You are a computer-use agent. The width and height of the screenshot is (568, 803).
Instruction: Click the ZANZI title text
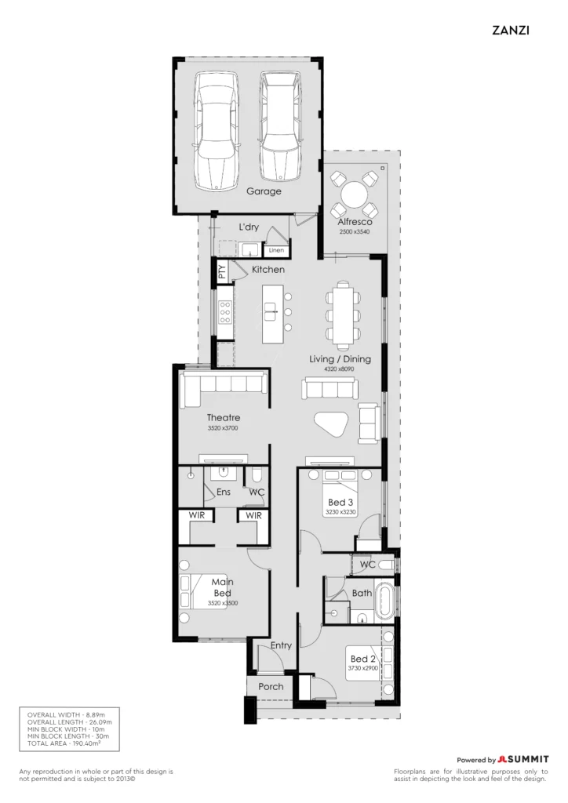click(x=511, y=31)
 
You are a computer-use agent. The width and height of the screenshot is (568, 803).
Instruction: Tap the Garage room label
click(x=264, y=191)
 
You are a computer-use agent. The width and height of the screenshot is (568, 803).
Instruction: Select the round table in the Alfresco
click(x=353, y=194)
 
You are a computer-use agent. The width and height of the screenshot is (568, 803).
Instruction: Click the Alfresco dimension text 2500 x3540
click(x=355, y=232)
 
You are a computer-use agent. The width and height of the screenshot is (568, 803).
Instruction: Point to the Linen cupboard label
click(x=276, y=250)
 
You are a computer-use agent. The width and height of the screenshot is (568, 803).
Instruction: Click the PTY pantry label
click(x=222, y=271)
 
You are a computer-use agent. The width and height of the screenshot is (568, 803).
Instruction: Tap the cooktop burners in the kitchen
click(x=225, y=312)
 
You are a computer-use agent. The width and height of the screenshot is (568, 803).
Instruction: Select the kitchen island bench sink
click(x=271, y=311)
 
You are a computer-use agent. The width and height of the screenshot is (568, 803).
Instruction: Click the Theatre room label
click(x=224, y=417)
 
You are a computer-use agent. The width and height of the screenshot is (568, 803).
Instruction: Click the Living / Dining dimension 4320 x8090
click(x=339, y=369)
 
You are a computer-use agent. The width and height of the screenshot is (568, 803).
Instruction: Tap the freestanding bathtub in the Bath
click(x=385, y=601)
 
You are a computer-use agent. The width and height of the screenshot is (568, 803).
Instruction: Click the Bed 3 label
click(x=340, y=503)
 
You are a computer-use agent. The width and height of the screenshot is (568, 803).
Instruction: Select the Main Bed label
click(x=222, y=587)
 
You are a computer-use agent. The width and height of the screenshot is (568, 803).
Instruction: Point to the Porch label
click(x=271, y=687)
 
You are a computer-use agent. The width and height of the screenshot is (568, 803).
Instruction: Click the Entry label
click(x=281, y=645)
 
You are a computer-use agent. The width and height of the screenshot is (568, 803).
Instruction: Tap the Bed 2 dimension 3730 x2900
click(x=362, y=668)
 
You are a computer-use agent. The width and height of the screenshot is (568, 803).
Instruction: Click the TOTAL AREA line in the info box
click(x=64, y=743)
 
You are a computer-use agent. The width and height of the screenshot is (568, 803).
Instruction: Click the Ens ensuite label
click(x=224, y=492)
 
